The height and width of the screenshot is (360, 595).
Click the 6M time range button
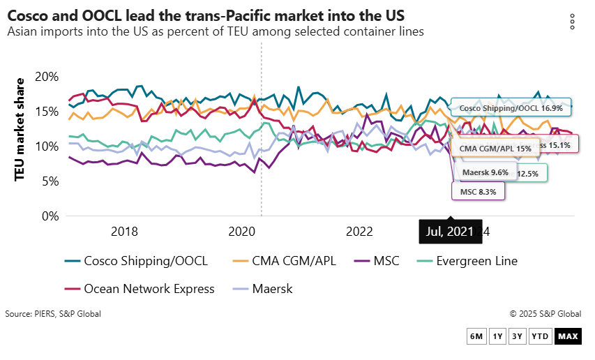click(x=476, y=337)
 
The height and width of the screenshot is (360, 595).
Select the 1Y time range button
click(x=497, y=337)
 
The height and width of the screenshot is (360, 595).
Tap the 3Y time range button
click(x=517, y=337)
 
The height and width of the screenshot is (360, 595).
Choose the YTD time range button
click(x=540, y=337)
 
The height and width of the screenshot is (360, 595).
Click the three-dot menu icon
click(x=572, y=22)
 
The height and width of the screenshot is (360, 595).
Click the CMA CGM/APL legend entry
click(x=283, y=262)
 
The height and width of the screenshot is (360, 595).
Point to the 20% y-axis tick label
click(x=46, y=77)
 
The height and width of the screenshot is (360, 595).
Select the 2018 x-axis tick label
click(x=124, y=232)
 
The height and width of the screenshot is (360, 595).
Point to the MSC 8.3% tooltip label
click(x=478, y=191)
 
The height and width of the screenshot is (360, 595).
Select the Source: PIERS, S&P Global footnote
click(x=53, y=314)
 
